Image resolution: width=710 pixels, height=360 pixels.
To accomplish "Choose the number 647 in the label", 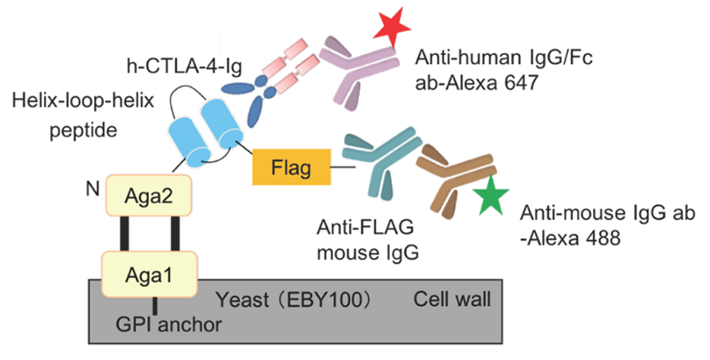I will pos(547,86).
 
